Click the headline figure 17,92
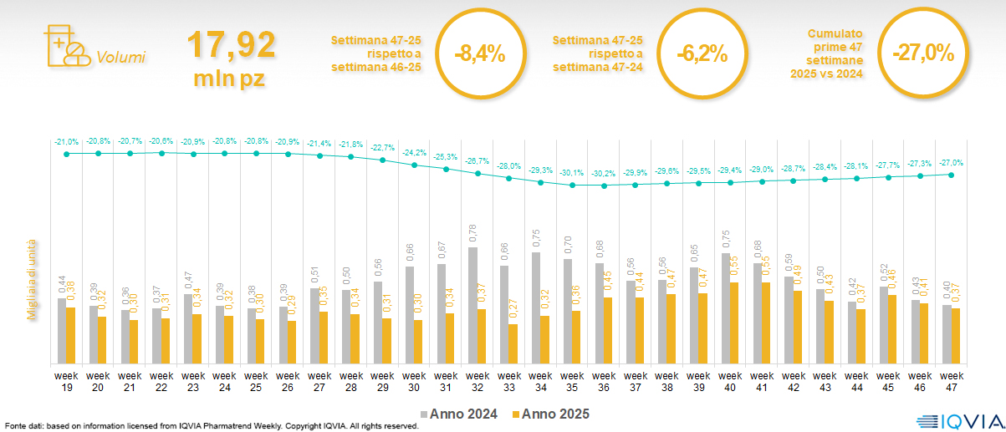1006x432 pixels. pyautogui.click(x=231, y=44)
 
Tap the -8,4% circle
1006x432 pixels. pyautogui.click(x=479, y=54)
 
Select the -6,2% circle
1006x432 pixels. pyautogui.click(x=701, y=54)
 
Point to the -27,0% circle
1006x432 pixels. pyautogui.click(x=922, y=53)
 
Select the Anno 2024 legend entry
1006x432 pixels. pyautogui.click(x=459, y=414)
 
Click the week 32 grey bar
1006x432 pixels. pyautogui.click(x=472, y=305)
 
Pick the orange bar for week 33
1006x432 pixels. pyautogui.click(x=513, y=343)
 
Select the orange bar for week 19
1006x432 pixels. pyautogui.click(x=71, y=335)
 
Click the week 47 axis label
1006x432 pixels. pyautogui.click(x=950, y=381)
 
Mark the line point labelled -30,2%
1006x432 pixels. pyautogui.click(x=604, y=186)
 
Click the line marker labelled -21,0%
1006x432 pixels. pyautogui.click(x=67, y=153)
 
